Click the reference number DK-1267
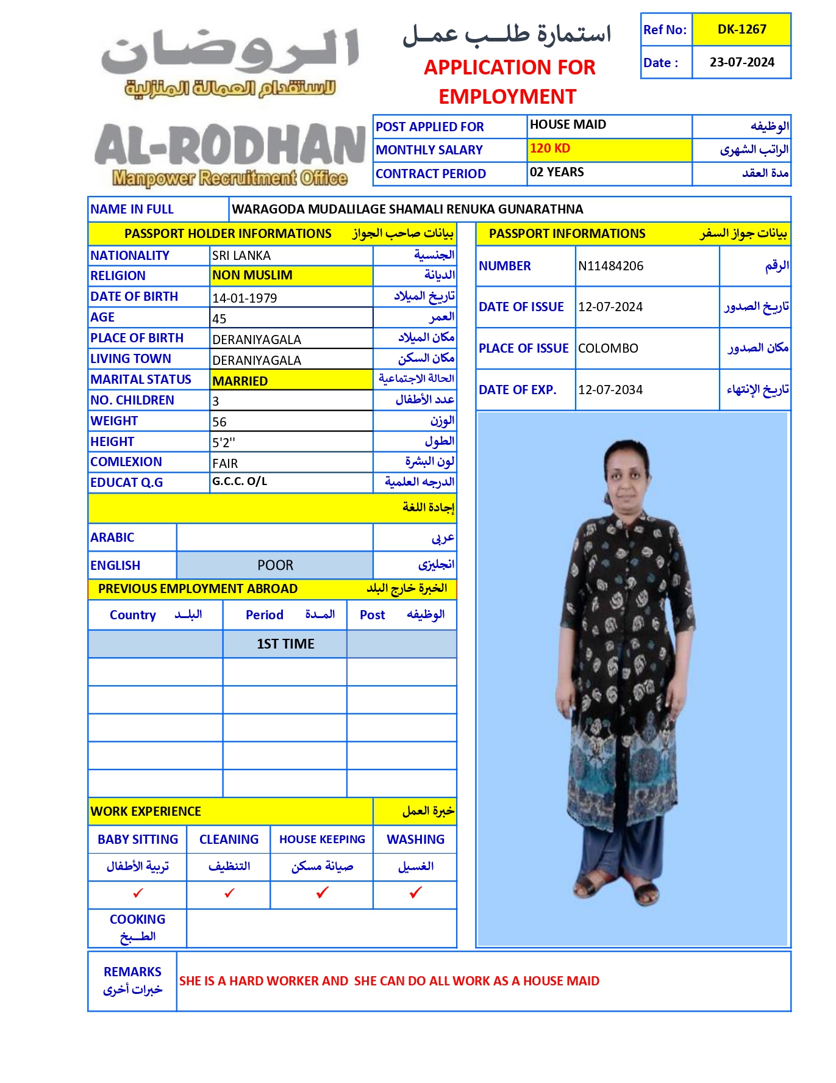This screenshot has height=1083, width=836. click(741, 29)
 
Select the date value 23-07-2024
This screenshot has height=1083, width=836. click(741, 62)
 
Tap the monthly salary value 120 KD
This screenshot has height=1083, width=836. click(550, 148)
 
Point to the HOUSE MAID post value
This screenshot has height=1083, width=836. click(568, 125)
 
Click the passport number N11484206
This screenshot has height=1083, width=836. click(610, 266)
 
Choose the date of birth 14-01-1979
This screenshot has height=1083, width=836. click(245, 298)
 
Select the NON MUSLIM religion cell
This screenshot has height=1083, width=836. click(252, 275)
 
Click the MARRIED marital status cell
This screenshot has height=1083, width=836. click(240, 381)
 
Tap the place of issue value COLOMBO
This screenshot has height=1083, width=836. click(608, 348)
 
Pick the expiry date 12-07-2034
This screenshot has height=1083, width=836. click(610, 390)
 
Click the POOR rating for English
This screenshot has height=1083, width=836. click(275, 566)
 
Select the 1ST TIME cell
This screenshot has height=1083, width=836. click(285, 644)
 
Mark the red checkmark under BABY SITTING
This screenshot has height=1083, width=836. click(138, 893)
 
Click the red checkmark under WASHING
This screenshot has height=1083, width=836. click(415, 893)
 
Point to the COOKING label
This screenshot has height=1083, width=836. click(137, 919)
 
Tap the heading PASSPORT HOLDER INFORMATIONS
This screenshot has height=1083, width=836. click(227, 234)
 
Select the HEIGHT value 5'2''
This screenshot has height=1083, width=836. click(224, 442)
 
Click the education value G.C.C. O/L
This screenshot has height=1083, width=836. click(240, 481)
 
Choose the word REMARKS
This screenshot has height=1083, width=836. click(132, 972)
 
